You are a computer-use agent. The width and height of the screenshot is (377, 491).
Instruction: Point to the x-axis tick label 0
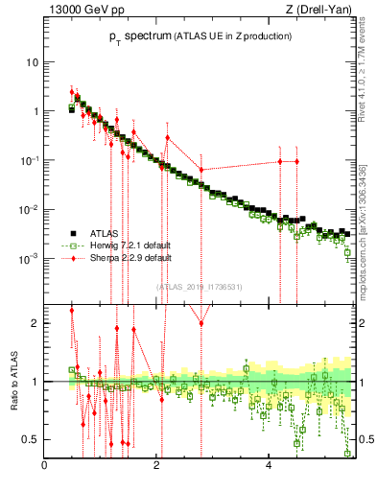45,466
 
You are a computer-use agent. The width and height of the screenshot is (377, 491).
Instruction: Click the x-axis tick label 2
157,466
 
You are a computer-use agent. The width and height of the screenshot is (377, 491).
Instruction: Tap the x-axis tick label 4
269,466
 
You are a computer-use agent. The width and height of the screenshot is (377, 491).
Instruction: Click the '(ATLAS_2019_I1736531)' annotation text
200,287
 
